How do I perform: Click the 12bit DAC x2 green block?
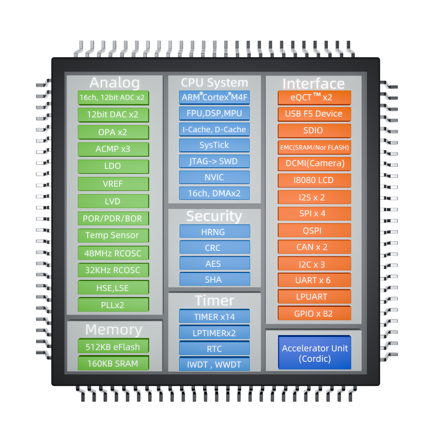(113, 115)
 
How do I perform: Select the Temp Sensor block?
(113, 235)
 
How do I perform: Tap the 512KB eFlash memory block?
(113, 347)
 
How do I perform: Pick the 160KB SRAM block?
(113, 363)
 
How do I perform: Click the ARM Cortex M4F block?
(214, 97)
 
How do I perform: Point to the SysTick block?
(214, 145)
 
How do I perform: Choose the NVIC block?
(214, 177)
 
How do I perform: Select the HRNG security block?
(214, 232)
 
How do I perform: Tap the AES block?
(214, 263)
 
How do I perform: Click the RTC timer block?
(214, 349)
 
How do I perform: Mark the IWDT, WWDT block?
(214, 364)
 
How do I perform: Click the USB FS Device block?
(314, 114)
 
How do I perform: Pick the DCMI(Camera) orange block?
(314, 163)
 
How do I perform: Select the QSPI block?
(314, 230)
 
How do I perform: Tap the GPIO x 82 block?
(314, 314)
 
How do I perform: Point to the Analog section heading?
(115, 83)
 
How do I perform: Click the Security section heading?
(214, 216)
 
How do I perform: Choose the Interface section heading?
(314, 83)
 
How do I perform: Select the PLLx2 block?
(113, 305)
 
